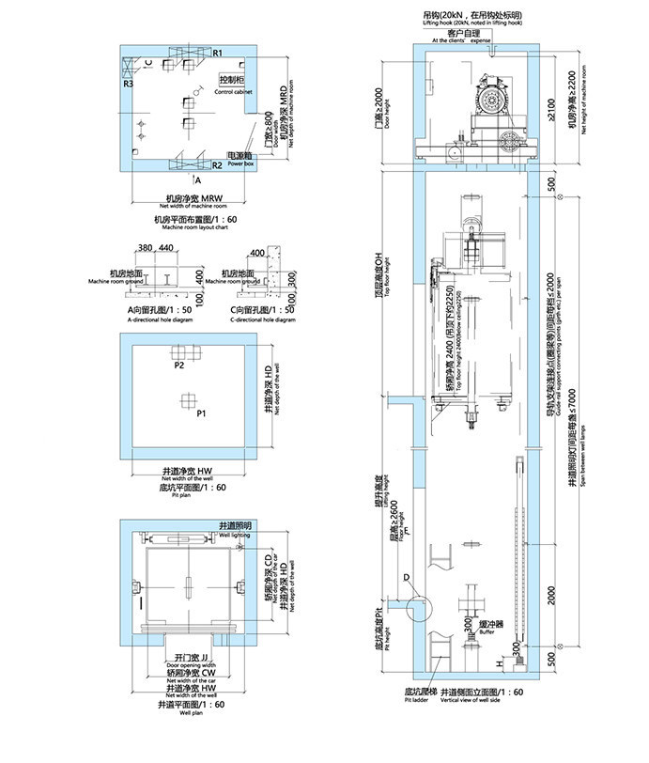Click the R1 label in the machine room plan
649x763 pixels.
click(x=216, y=53)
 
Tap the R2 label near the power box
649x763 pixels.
click(x=216, y=165)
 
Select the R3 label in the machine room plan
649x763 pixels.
click(x=128, y=84)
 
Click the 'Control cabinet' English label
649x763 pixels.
click(x=231, y=92)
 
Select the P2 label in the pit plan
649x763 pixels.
click(x=178, y=366)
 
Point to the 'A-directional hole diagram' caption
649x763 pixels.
click(x=158, y=319)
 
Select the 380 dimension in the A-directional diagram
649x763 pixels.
click(x=145, y=247)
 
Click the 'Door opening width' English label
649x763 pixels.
click(x=189, y=665)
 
